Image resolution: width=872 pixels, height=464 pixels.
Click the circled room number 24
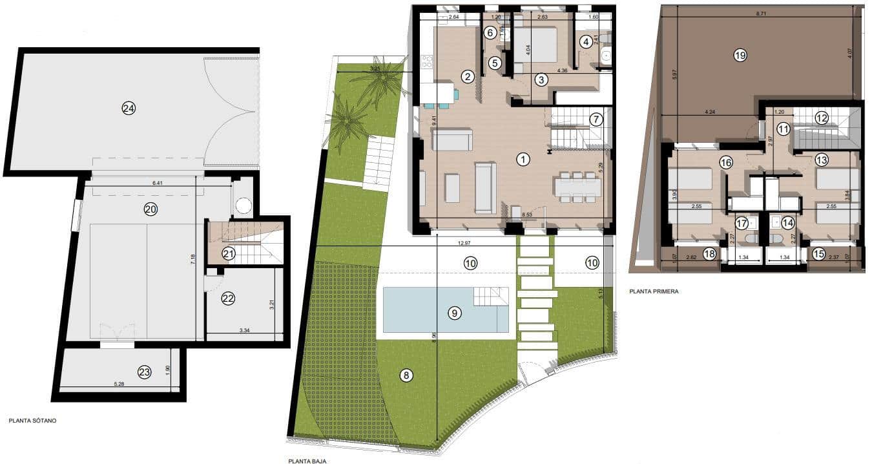pos(129,109)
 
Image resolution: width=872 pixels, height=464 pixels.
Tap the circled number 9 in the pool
pos(455,313)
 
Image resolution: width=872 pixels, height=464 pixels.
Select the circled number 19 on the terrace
pos(740,56)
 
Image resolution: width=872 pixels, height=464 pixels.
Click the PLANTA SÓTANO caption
pos(33,421)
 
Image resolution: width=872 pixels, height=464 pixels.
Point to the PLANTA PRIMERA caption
pos(654,291)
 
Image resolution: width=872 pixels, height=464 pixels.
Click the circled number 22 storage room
pos(228,299)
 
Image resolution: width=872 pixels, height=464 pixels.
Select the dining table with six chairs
pos(577,187)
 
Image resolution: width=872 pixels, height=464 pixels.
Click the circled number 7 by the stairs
pos(596,120)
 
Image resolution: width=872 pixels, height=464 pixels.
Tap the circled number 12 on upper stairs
pos(821,118)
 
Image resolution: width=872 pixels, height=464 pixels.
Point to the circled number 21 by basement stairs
pos(228,254)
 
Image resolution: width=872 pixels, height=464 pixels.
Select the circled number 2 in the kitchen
pos(468,77)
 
